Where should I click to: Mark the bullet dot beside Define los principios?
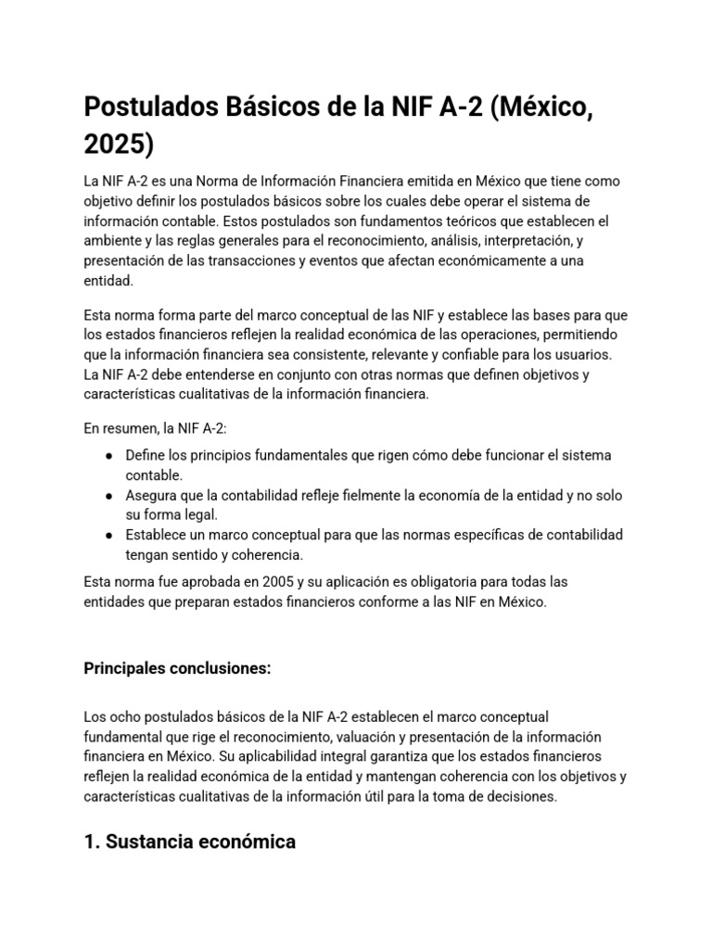[109, 456]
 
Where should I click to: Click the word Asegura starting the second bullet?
[151, 496]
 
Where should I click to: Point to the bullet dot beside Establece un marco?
[109, 536]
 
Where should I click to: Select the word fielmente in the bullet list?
[371, 496]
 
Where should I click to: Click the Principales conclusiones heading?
[177, 669]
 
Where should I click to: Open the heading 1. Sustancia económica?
[190, 842]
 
